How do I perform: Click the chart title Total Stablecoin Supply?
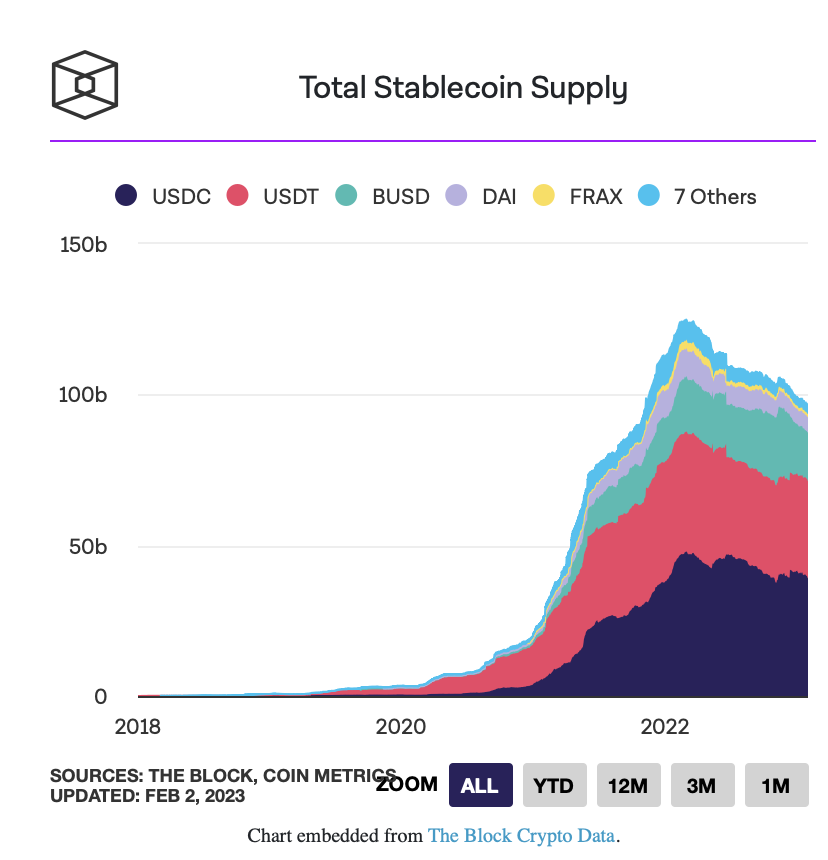coord(463,88)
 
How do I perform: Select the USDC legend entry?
coord(165,196)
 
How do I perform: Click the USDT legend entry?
coord(274,196)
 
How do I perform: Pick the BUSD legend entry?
coord(384,196)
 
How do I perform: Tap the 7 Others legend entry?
coord(699,196)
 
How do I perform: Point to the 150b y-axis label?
coord(83,244)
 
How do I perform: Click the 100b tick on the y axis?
coord(83,395)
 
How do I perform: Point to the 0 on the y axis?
coord(101,697)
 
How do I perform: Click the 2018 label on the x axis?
coord(138,726)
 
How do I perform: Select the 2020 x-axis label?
coord(401,726)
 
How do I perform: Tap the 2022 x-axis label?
coord(665,726)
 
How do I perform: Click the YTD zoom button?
coord(553,785)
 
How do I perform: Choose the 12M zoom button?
coord(627,785)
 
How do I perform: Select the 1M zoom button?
coord(775,785)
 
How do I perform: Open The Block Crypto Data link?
coord(521,835)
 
